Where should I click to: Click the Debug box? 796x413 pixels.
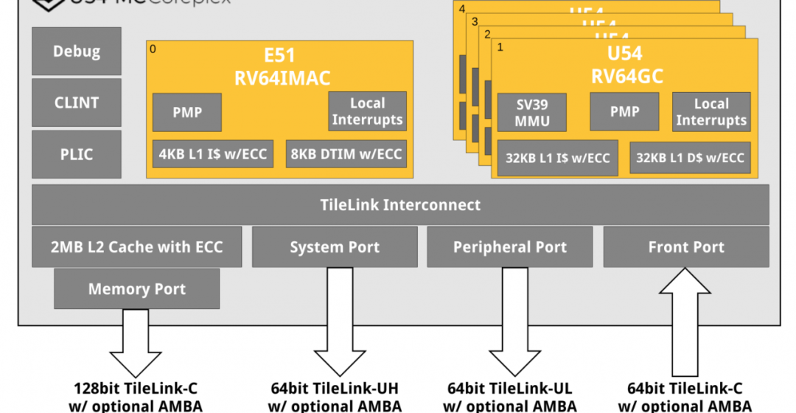point(77,52)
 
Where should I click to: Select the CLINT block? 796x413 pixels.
point(77,103)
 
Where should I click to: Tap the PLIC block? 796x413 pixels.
point(77,154)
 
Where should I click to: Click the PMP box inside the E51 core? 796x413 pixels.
point(187,113)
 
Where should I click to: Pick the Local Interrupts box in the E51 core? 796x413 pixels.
point(367,111)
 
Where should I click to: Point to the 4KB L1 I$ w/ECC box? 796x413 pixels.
point(214,154)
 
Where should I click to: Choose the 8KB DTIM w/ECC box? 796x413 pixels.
point(346,154)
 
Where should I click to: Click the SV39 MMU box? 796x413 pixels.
point(533,112)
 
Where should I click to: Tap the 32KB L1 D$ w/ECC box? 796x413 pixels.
point(690,158)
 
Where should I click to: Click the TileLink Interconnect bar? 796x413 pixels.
point(400,205)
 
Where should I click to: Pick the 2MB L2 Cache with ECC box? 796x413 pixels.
point(137,247)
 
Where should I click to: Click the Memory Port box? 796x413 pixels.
point(137,288)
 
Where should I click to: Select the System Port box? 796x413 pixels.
point(335,247)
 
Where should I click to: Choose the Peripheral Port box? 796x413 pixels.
point(510,247)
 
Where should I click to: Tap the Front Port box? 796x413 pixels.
point(686,247)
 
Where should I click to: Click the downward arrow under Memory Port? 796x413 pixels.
point(137,343)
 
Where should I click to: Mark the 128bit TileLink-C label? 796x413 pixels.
point(137,389)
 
